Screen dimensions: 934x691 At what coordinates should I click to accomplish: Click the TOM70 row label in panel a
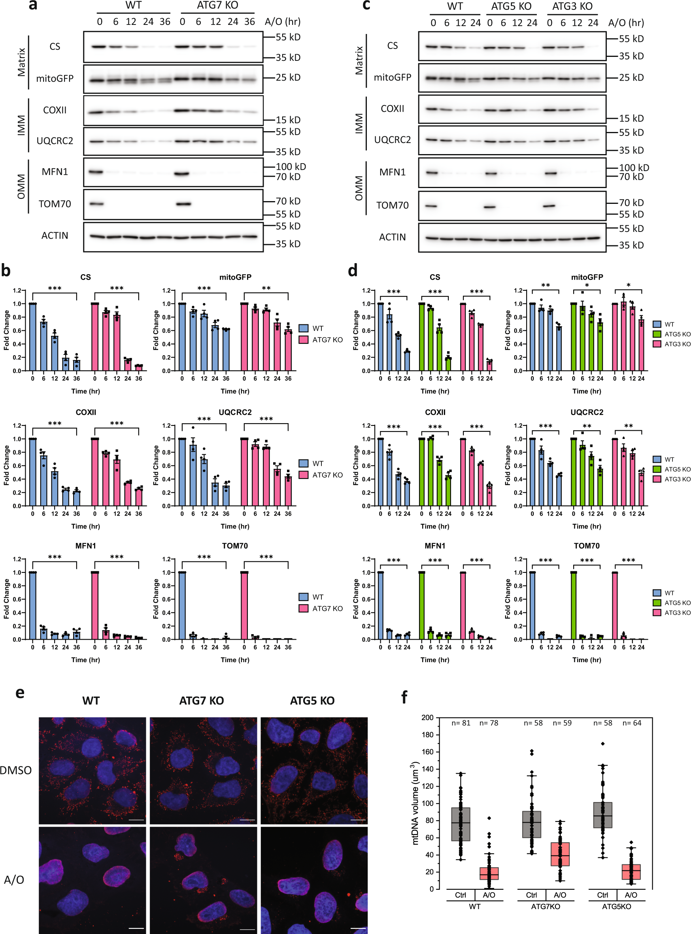(55, 204)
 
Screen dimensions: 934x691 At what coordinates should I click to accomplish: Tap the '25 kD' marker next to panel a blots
(288, 77)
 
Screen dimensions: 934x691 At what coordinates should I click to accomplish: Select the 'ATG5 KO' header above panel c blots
(511, 7)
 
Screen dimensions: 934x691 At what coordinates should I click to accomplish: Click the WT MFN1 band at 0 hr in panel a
(96, 172)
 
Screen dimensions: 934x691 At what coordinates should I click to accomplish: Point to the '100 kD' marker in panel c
(634, 168)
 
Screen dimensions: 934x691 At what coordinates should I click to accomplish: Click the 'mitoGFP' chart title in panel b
(235, 277)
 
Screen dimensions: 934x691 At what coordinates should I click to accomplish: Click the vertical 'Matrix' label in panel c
(359, 60)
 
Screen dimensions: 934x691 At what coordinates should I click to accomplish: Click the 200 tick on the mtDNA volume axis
(427, 717)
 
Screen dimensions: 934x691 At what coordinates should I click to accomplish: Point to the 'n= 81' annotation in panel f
(461, 723)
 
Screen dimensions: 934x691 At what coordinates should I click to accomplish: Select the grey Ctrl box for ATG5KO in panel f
(603, 815)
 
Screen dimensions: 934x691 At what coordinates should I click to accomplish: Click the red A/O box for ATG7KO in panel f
(560, 854)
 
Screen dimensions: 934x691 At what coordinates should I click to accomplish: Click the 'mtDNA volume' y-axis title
(415, 803)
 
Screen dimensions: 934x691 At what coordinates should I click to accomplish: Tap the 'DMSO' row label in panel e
(16, 770)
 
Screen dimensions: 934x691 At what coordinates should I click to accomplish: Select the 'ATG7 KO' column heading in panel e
(201, 701)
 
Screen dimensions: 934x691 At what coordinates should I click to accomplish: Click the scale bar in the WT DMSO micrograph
(136, 820)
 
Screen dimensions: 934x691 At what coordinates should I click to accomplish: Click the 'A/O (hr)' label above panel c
(626, 23)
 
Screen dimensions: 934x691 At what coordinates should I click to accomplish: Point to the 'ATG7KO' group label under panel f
(546, 906)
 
